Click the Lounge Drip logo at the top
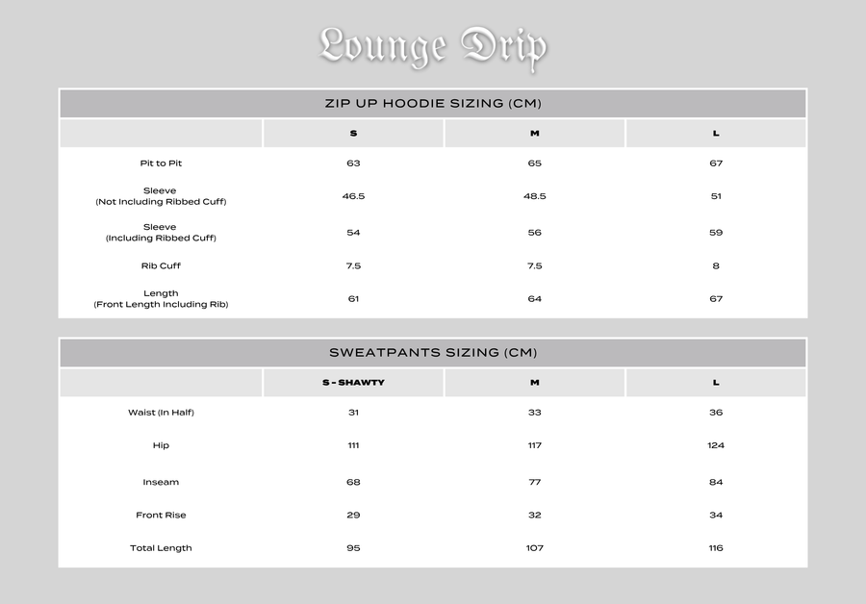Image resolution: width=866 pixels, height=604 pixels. pos(432,45)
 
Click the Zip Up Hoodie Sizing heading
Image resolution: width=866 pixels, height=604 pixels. pos(432,104)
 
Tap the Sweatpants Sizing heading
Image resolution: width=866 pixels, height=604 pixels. pos(432,353)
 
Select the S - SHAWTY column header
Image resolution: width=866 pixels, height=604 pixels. pos(353,383)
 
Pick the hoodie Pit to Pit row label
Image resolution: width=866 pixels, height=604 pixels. pos(161,164)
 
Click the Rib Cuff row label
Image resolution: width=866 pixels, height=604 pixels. pos(161,265)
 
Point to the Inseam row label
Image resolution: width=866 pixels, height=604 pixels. pos(161,482)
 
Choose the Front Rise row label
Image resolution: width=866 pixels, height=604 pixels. pos(161,516)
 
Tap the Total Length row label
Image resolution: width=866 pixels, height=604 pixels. pos(161,548)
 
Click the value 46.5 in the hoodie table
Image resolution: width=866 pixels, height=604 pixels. pos(353,196)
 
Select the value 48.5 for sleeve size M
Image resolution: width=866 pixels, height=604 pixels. pos(534,196)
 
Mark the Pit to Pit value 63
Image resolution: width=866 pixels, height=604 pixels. pos(353,164)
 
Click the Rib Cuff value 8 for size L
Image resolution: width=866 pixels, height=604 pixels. pos(716,265)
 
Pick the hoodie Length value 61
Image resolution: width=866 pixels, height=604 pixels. pos(353,299)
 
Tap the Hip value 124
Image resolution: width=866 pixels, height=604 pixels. pos(716,445)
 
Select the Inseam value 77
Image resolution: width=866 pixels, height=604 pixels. pos(534,482)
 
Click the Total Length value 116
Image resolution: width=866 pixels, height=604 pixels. pos(716,548)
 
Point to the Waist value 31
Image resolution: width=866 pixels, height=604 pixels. pos(353,413)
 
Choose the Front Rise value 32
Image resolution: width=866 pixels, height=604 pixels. pos(534,516)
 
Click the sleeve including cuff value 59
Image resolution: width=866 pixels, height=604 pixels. pos(716,233)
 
